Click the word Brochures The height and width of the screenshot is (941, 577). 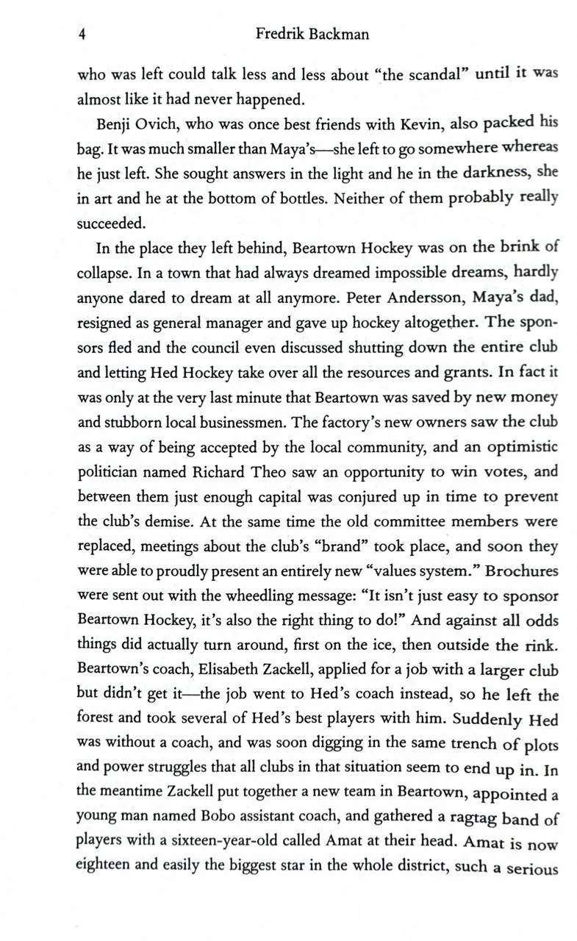521,571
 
